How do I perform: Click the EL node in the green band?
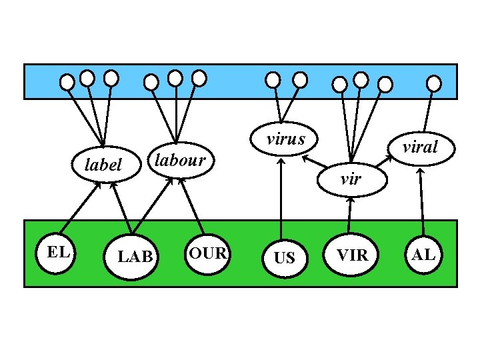[x=57, y=253]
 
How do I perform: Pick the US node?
[x=284, y=256]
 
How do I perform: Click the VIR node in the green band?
[x=352, y=255]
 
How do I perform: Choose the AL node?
[x=423, y=254]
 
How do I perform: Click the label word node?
[x=103, y=164]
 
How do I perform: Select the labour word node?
[x=179, y=160]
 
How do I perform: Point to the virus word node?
[x=285, y=139]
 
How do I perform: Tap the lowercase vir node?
[x=351, y=178]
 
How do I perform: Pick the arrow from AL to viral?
[x=421, y=200]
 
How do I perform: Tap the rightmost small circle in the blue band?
[x=433, y=83]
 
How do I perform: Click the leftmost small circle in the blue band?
[x=67, y=82]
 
